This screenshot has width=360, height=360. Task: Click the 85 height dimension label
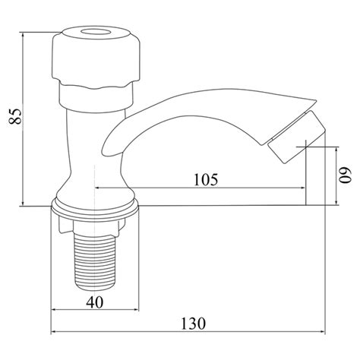[x=14, y=116]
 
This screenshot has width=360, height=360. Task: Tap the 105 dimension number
[x=206, y=180]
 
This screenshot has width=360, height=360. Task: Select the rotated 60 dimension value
[x=346, y=175]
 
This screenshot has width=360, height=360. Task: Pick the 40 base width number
[x=95, y=302]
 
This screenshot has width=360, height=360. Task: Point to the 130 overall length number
[x=194, y=324]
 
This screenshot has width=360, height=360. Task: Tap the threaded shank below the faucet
[x=95, y=262]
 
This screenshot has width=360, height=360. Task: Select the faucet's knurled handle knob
[x=96, y=57]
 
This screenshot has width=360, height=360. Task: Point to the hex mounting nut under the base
[x=92, y=225]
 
